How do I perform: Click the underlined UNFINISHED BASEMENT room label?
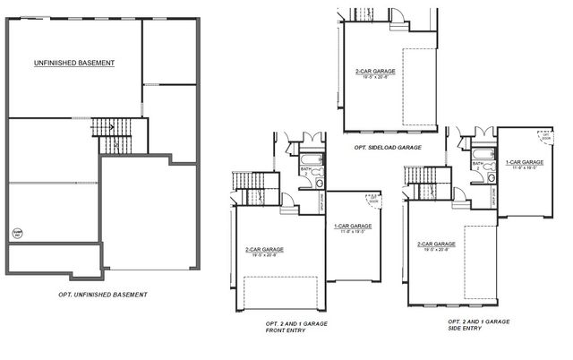tap(74, 63)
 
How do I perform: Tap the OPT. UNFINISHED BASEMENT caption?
tap(98, 295)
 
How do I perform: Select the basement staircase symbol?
tap(112, 133)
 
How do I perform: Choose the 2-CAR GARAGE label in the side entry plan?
tap(437, 244)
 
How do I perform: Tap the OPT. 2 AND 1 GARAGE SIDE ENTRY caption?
tap(478, 324)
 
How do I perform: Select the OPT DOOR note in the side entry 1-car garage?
tap(545, 138)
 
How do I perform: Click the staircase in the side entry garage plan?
tap(419, 189)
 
